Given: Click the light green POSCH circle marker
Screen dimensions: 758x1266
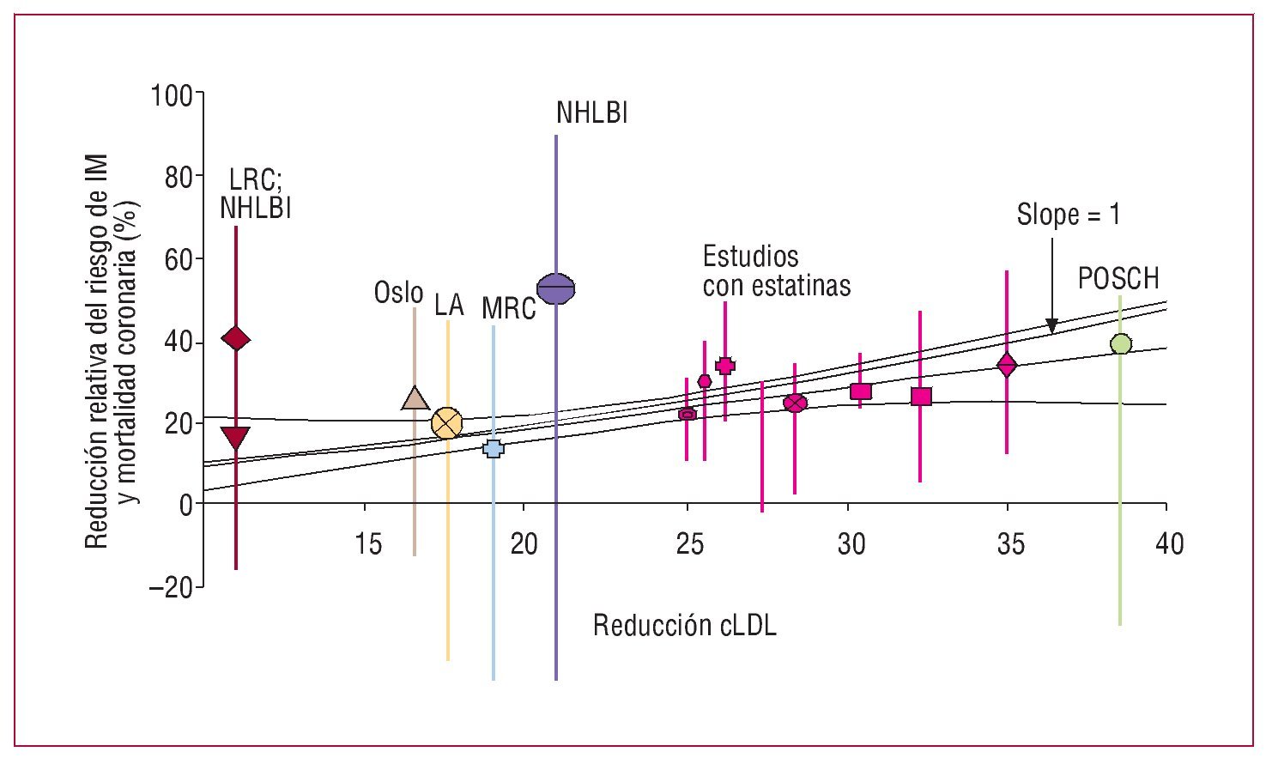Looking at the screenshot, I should [x=1120, y=344].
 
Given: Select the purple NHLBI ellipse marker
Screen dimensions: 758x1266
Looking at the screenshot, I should [x=556, y=289].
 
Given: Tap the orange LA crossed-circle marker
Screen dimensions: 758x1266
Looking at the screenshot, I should [x=447, y=423].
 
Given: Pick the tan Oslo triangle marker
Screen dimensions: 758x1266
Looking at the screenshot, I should [x=415, y=399].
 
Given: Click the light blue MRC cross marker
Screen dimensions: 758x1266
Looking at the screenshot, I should [x=494, y=448].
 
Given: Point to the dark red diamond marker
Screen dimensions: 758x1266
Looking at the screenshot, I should [x=235, y=339].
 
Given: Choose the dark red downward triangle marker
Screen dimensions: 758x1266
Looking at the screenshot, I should [x=235, y=438].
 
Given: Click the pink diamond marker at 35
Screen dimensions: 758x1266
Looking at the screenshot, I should [x=1007, y=365].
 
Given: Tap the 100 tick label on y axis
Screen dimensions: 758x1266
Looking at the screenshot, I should [x=172, y=94].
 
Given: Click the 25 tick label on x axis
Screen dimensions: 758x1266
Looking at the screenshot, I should [x=689, y=543].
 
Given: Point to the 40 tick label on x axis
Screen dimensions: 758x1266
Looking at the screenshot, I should [x=1167, y=543].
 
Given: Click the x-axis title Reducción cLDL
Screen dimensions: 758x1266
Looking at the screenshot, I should [x=684, y=626].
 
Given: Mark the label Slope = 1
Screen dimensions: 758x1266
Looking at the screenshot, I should [x=1068, y=215].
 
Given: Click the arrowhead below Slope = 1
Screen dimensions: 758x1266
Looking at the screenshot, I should [x=1051, y=326].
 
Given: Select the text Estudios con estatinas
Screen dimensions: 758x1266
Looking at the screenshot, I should [x=776, y=270].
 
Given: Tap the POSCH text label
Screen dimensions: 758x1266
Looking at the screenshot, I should [x=1118, y=279].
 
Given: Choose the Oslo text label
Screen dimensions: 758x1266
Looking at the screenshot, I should [x=398, y=293].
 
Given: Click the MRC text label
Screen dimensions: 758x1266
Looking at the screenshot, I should [x=508, y=308].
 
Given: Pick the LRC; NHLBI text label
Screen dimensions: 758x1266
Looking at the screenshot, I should [x=256, y=194].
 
